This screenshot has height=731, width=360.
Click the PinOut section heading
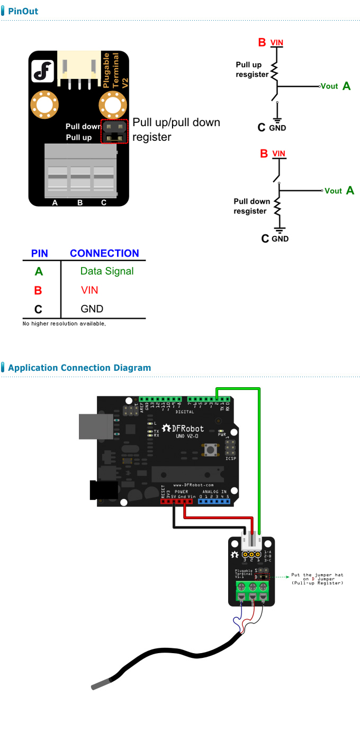click(x=23, y=11)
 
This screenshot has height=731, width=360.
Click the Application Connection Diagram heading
click(x=79, y=368)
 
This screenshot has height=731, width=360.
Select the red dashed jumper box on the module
click(x=115, y=132)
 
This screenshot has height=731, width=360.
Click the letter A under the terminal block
click(x=55, y=202)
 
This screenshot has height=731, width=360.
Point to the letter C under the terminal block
click(x=104, y=202)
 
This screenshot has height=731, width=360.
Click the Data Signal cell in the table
click(x=107, y=271)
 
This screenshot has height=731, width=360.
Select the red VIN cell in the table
click(x=89, y=290)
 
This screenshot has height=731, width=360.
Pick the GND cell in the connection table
click(x=92, y=309)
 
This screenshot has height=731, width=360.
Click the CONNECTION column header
click(x=104, y=253)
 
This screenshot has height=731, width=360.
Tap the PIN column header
click(x=40, y=253)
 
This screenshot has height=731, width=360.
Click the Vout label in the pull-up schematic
click(x=329, y=86)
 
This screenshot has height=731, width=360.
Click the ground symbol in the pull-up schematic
click(x=277, y=120)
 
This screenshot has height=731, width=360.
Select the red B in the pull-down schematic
click(x=264, y=154)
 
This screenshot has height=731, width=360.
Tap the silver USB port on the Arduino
click(x=94, y=426)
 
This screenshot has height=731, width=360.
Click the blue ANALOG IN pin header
click(x=214, y=501)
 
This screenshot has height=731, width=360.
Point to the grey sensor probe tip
click(x=101, y=684)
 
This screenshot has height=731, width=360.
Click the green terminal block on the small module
click(x=252, y=592)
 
